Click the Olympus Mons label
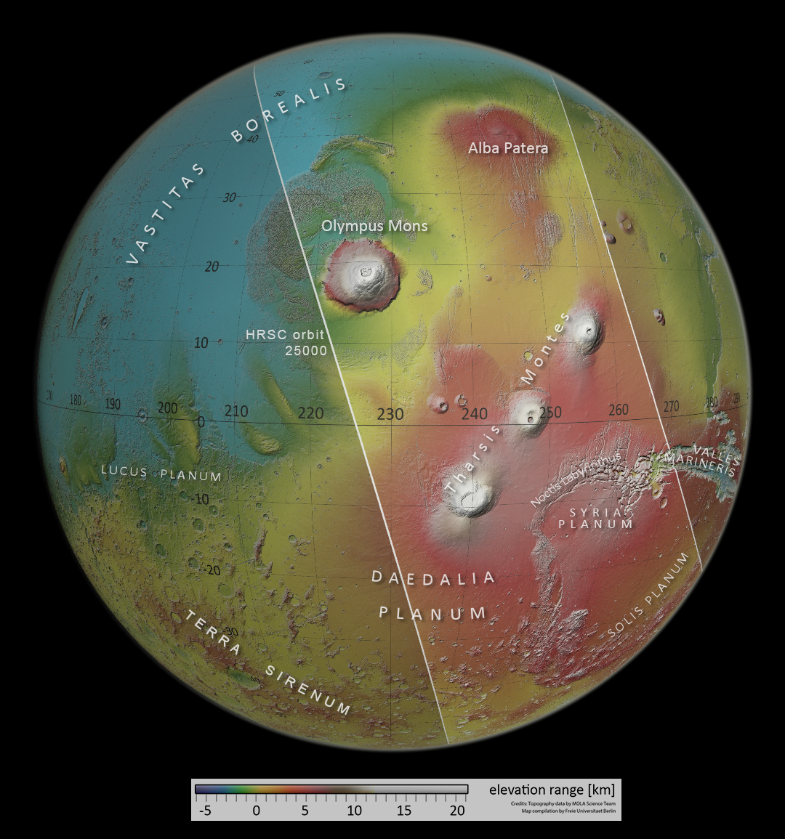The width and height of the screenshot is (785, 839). [374, 226]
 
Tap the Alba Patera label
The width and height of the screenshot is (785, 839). [507, 148]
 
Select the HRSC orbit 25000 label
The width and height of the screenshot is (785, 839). [285, 342]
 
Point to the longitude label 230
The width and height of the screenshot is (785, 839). [390, 414]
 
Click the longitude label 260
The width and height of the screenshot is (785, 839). [618, 410]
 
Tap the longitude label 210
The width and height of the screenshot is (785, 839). [236, 412]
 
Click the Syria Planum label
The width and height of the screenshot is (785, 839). [596, 518]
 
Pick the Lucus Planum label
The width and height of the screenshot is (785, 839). [161, 473]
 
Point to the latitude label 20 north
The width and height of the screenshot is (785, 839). [212, 267]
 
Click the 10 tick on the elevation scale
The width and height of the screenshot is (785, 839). [354, 810]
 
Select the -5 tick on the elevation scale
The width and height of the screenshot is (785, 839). [205, 810]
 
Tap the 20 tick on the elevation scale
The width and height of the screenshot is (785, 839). [457, 810]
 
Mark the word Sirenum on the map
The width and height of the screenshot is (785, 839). [307, 690]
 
